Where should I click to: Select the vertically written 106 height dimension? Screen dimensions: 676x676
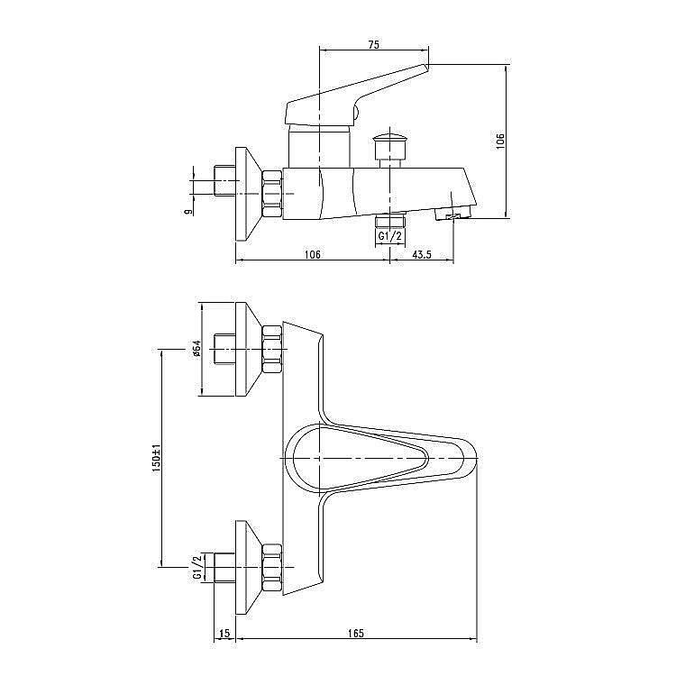501,140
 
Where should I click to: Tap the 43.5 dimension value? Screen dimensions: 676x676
422,255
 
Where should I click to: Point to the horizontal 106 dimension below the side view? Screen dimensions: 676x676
312,255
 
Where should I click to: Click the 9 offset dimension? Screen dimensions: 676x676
187,212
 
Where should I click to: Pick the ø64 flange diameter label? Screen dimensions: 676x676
196,349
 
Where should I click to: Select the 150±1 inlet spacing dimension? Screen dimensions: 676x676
155,457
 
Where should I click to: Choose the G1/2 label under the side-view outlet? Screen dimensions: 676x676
389,236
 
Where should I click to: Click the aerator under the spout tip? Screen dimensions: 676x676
453,215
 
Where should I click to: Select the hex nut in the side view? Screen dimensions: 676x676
272,193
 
